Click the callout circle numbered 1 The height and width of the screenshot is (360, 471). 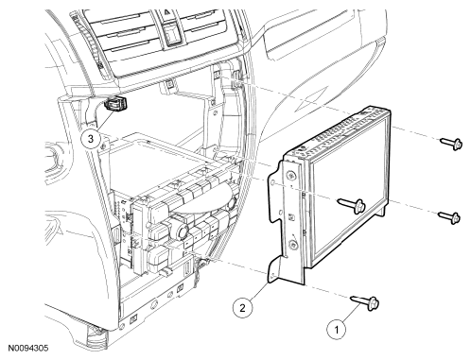click(x=336, y=330)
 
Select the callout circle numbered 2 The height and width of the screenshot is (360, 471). click(x=242, y=307)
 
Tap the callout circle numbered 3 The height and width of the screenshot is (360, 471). click(x=91, y=139)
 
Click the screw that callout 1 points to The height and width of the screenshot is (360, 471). click(x=365, y=302)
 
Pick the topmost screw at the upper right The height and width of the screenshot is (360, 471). click(x=451, y=144)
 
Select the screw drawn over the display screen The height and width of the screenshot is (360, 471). click(x=352, y=205)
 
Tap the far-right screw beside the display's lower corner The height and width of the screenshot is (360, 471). click(x=449, y=217)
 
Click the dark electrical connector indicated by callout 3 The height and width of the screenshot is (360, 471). click(x=116, y=103)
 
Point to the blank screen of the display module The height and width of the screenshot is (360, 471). click(x=348, y=190)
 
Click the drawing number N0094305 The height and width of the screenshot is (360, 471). click(x=28, y=348)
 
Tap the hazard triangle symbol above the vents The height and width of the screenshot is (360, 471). click(x=166, y=13)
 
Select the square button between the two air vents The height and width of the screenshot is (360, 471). click(x=172, y=34)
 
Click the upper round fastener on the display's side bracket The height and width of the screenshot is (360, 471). click(x=291, y=176)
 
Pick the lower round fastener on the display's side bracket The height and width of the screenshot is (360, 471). click(x=294, y=244)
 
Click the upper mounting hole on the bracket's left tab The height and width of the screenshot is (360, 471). click(x=273, y=183)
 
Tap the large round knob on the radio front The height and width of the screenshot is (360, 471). click(x=183, y=232)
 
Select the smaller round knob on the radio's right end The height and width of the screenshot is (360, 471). click(x=233, y=202)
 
